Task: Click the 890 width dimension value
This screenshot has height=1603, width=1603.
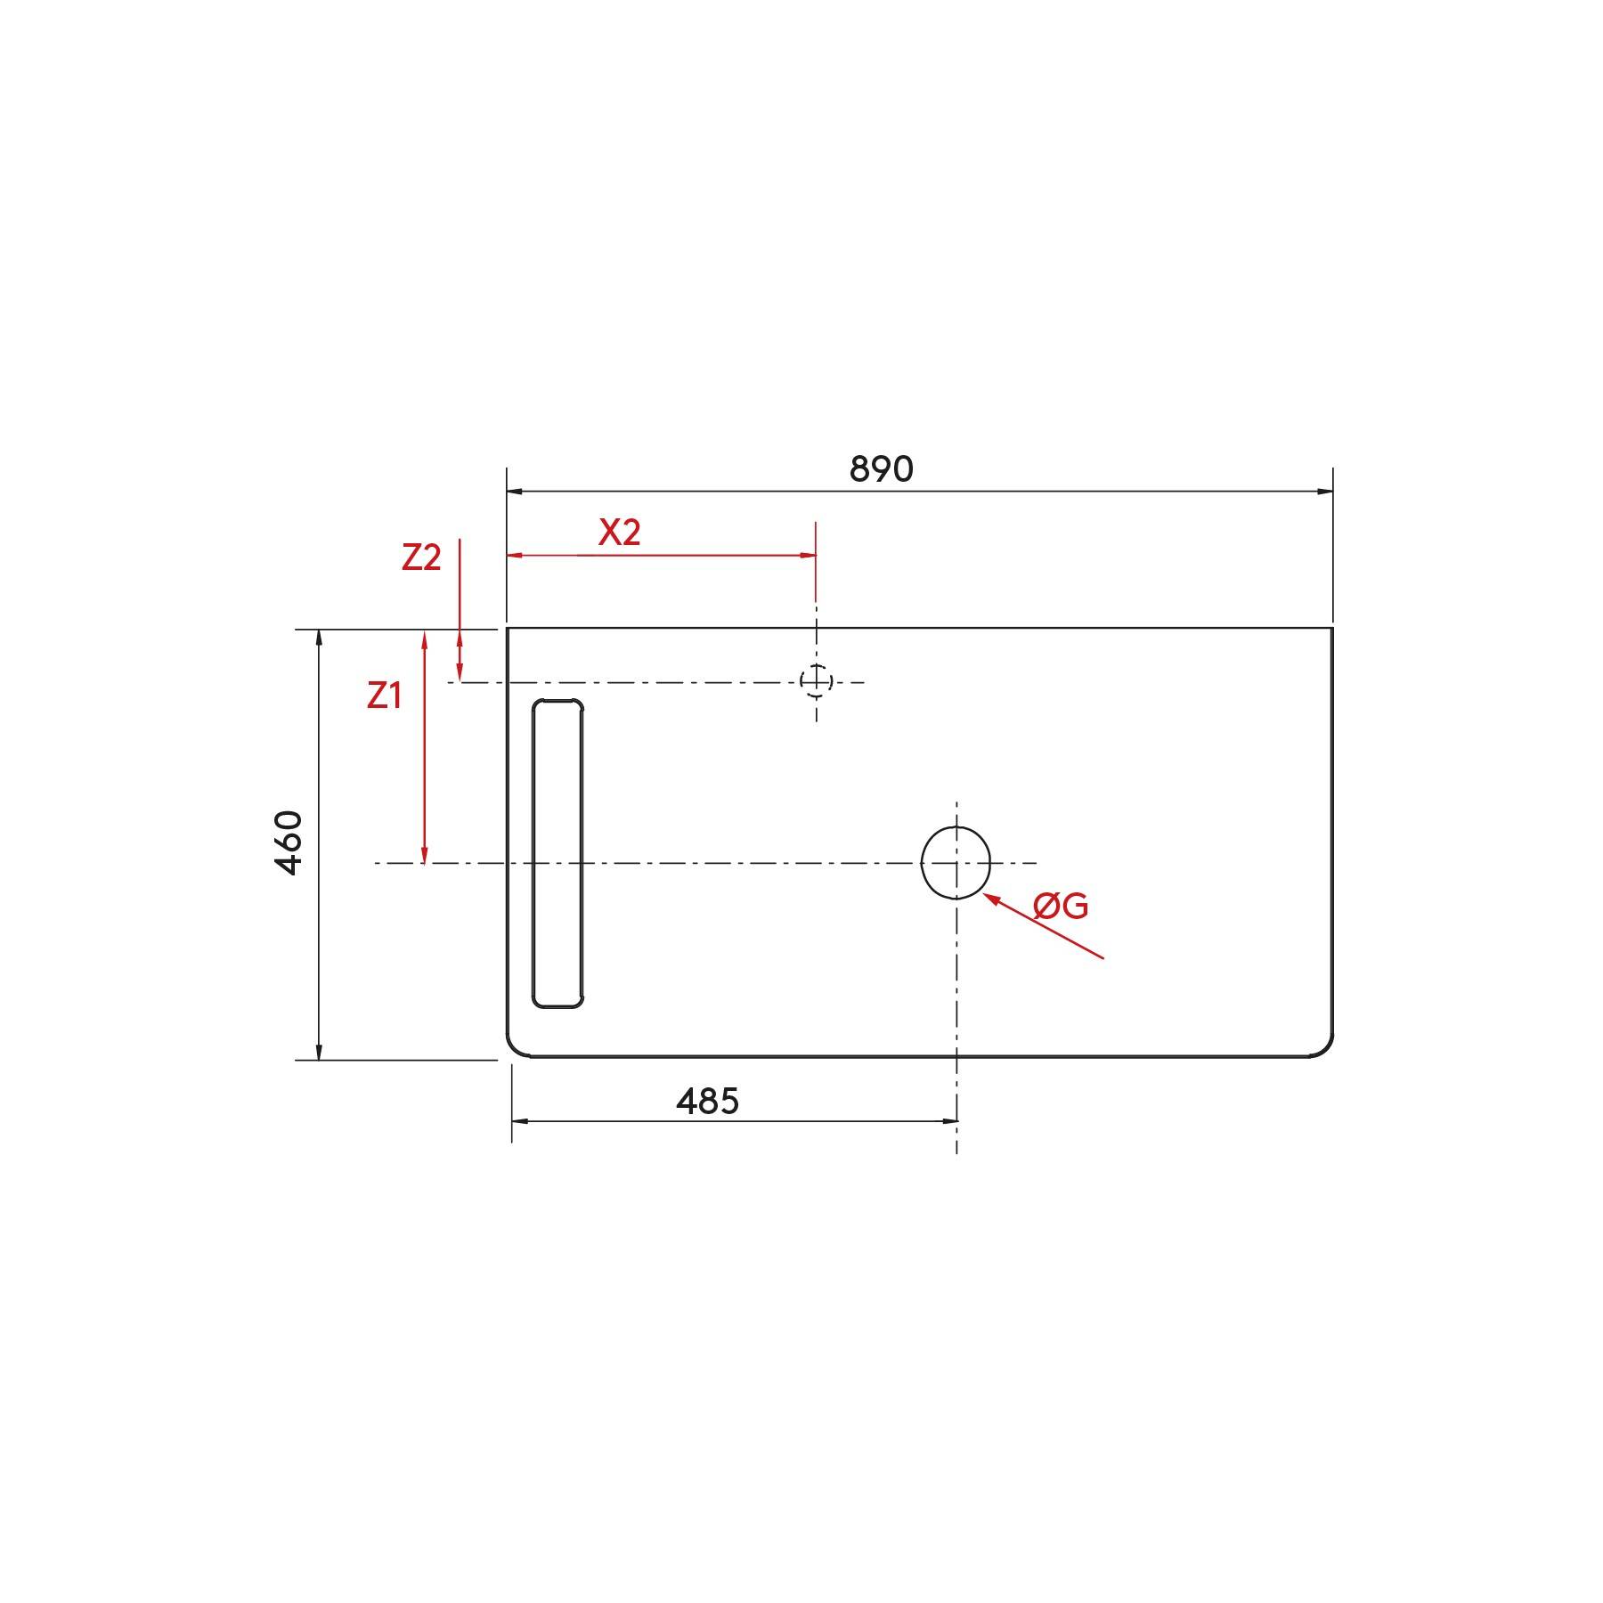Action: coord(881,469)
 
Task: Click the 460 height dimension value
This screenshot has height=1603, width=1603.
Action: coord(289,842)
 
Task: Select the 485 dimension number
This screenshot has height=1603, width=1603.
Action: coord(707,1103)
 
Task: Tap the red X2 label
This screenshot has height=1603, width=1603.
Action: coord(619,533)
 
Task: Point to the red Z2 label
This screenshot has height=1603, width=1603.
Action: coord(421,557)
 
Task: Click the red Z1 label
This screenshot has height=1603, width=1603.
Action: coord(384,696)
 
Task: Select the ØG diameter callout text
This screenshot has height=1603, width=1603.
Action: coord(1061,907)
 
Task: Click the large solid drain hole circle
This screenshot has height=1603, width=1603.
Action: coord(956,863)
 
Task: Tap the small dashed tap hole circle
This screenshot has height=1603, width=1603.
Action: coord(816,681)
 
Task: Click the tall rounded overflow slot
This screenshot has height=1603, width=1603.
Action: coord(557,853)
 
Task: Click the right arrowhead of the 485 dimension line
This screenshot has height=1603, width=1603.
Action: coord(949,1121)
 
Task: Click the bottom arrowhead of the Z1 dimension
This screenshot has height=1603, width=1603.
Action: coord(425,857)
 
